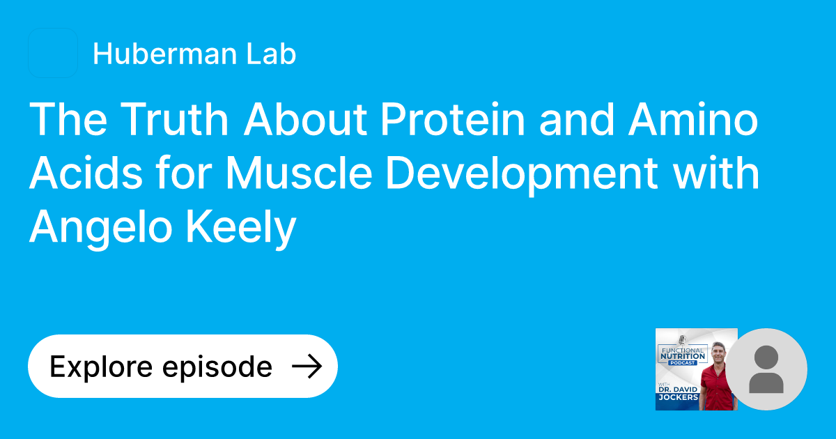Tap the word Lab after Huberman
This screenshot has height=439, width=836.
pos(274,54)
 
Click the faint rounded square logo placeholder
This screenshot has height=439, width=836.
pos(52,53)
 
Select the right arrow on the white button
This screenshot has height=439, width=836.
pos(306,367)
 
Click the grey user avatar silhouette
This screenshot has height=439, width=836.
pos(766,369)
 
